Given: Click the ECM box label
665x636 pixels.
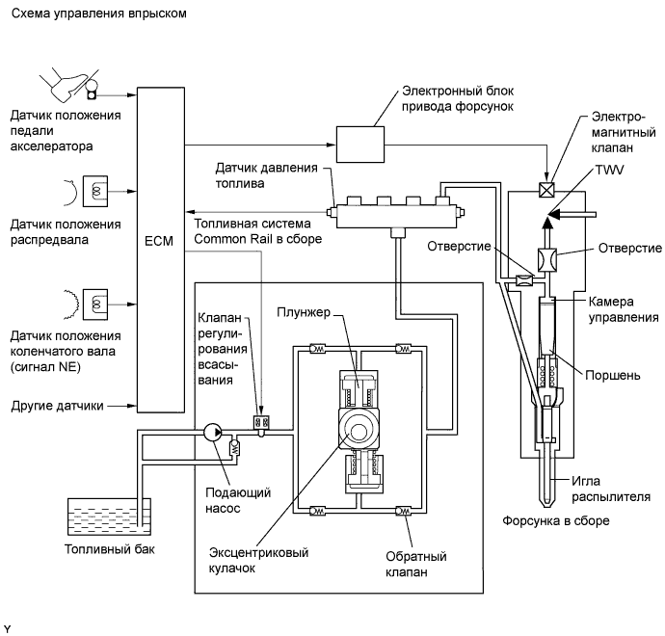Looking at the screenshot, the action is tap(159, 241).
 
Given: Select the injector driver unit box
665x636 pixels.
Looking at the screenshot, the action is tap(360, 145).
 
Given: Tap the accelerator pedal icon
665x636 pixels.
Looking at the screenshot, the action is tap(69, 85).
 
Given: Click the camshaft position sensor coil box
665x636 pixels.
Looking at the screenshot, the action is tap(95, 191).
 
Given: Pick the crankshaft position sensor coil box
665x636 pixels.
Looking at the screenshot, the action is tap(95, 305).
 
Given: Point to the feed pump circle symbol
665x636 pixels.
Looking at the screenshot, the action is tap(213, 432).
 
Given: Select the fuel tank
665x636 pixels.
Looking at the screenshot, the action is tap(109, 517).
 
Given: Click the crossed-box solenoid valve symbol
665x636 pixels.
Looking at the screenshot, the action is tap(546, 189).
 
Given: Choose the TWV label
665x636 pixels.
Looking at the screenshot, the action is tap(609, 170).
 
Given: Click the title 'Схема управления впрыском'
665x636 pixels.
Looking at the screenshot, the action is tap(99, 13).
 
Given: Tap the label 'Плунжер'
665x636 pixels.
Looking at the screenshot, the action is tap(304, 312).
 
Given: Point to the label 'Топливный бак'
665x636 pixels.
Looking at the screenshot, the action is tap(110, 549).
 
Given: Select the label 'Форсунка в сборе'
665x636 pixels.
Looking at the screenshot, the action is tap(556, 520).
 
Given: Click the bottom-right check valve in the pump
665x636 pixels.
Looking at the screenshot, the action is tap(403, 511).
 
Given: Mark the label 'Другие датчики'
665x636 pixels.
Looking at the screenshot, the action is tap(57, 406).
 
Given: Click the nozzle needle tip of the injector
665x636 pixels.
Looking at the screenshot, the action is tap(548, 507).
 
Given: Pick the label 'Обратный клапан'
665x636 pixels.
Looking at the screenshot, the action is tap(416, 564).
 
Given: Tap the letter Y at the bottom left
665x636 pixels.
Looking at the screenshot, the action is tap(7, 628).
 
